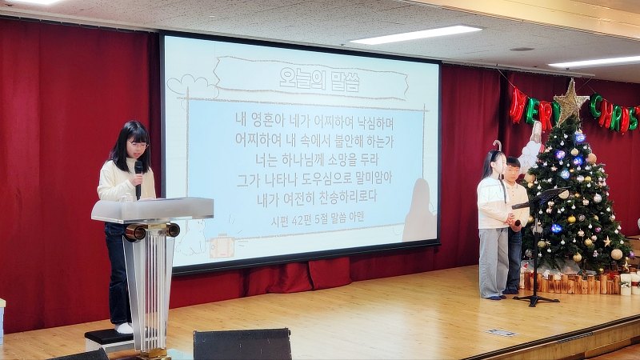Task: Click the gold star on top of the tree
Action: click(570, 102)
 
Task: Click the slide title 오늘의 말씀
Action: click(309, 78)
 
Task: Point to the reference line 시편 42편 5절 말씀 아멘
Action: click(306, 217)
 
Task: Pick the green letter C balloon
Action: click(597, 106)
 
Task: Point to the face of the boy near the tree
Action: click(513, 170)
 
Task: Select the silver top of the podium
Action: click(152, 210)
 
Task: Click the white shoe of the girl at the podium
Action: click(125, 327)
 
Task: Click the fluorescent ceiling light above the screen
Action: click(415, 34)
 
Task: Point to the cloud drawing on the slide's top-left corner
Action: click(192, 85)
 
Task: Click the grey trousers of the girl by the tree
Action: click(493, 261)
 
